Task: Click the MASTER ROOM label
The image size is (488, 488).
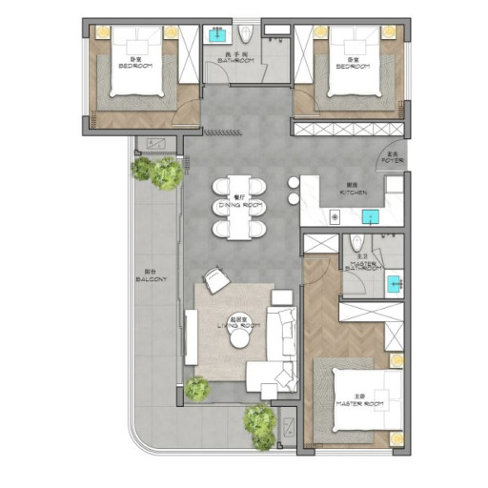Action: point(360,403)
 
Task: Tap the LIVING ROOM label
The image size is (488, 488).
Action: point(238,324)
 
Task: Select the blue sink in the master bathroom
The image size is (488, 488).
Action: point(394,282)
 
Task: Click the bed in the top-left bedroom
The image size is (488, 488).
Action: point(143,65)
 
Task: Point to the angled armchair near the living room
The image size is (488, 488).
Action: point(217,279)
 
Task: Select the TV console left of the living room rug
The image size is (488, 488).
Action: point(191,335)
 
